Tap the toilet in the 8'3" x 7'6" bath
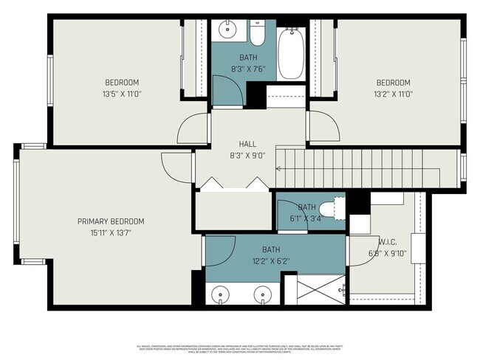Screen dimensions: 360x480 tap(257, 34)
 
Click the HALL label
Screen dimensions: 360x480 tap(247, 144)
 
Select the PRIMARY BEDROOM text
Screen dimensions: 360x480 tap(111, 221)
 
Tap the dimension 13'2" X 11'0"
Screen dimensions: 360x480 tap(393, 94)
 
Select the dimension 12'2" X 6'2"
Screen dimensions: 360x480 tap(271, 261)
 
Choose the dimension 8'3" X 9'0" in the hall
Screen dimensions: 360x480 tap(247, 155)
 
